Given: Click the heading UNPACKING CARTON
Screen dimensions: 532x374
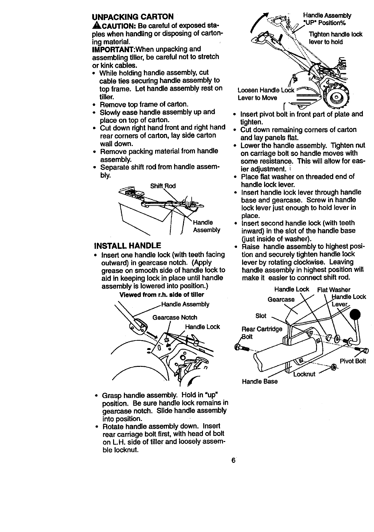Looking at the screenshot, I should click(133, 17).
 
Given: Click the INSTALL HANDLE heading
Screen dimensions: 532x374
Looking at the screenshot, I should click(127, 246).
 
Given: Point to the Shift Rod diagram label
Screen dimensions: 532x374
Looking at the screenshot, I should click(163, 186).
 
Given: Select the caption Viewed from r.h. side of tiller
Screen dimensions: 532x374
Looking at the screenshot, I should click(162, 295).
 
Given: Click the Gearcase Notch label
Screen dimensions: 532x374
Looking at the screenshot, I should click(175, 318).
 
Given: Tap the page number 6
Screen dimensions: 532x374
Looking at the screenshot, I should click(234, 461).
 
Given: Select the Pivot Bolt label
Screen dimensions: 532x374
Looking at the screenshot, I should click(353, 361).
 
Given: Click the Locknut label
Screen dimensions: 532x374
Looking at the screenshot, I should click(304, 374).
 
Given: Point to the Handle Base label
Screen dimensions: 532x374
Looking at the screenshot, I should click(260, 381).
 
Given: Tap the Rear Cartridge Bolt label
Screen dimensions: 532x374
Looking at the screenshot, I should click(262, 332).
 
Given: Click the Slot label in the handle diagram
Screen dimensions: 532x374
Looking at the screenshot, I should click(261, 316).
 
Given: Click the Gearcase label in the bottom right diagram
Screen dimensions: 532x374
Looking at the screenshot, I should click(281, 299).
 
